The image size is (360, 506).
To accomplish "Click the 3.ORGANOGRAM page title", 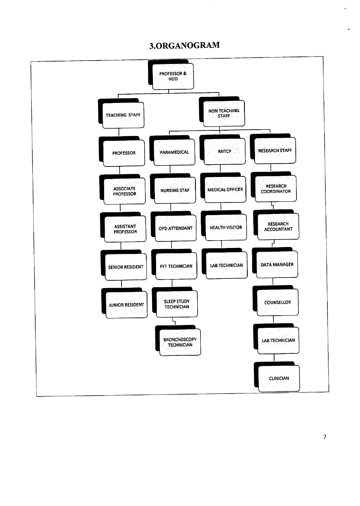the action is [x=184, y=45].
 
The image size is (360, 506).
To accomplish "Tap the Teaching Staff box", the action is [x=121, y=113].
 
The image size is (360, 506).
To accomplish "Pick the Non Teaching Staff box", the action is [x=222, y=111].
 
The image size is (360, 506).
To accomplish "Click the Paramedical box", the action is [x=172, y=151].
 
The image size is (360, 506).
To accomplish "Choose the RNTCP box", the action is [x=222, y=150].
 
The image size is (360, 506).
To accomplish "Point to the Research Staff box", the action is [x=273, y=148].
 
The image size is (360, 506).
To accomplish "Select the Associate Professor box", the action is [x=122, y=189].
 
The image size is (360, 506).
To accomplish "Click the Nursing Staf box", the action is [x=173, y=188].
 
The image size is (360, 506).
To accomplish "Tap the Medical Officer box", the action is [x=223, y=187].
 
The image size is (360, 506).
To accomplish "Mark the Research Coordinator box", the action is [x=273, y=187].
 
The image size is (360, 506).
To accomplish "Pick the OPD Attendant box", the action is [x=173, y=226].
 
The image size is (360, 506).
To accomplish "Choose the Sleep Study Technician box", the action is [x=175, y=302].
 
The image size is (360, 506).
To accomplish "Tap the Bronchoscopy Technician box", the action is [x=178, y=341].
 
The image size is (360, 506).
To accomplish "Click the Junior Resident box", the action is [x=124, y=303].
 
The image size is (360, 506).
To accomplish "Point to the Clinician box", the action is [x=277, y=377].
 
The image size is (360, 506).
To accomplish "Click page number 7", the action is [x=325, y=437].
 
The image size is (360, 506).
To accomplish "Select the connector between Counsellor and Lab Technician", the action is [x=273, y=320].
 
